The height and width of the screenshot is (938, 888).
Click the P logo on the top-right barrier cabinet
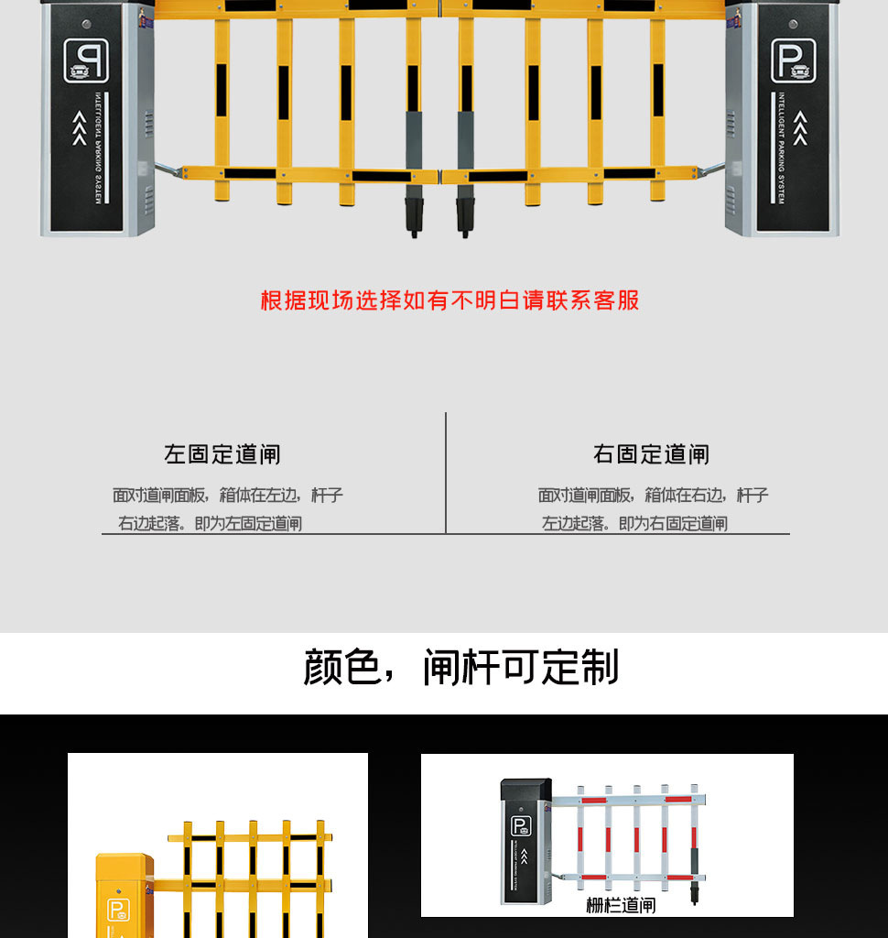click(x=792, y=60)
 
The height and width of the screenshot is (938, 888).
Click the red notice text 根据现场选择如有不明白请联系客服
click(x=449, y=300)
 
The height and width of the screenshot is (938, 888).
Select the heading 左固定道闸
click(x=222, y=454)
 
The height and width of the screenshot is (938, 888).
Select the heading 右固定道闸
click(x=651, y=454)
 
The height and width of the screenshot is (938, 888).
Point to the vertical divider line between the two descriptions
click(x=446, y=472)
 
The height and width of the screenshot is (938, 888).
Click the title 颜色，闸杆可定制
click(x=460, y=668)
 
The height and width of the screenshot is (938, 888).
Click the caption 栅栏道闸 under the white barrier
click(x=621, y=905)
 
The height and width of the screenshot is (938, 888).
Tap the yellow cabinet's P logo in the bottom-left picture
click(x=119, y=910)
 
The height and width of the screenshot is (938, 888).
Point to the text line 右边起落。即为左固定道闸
click(x=210, y=524)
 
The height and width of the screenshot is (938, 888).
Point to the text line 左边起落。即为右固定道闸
click(x=634, y=524)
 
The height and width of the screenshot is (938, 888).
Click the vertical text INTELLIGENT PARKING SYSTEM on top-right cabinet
click(x=781, y=147)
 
